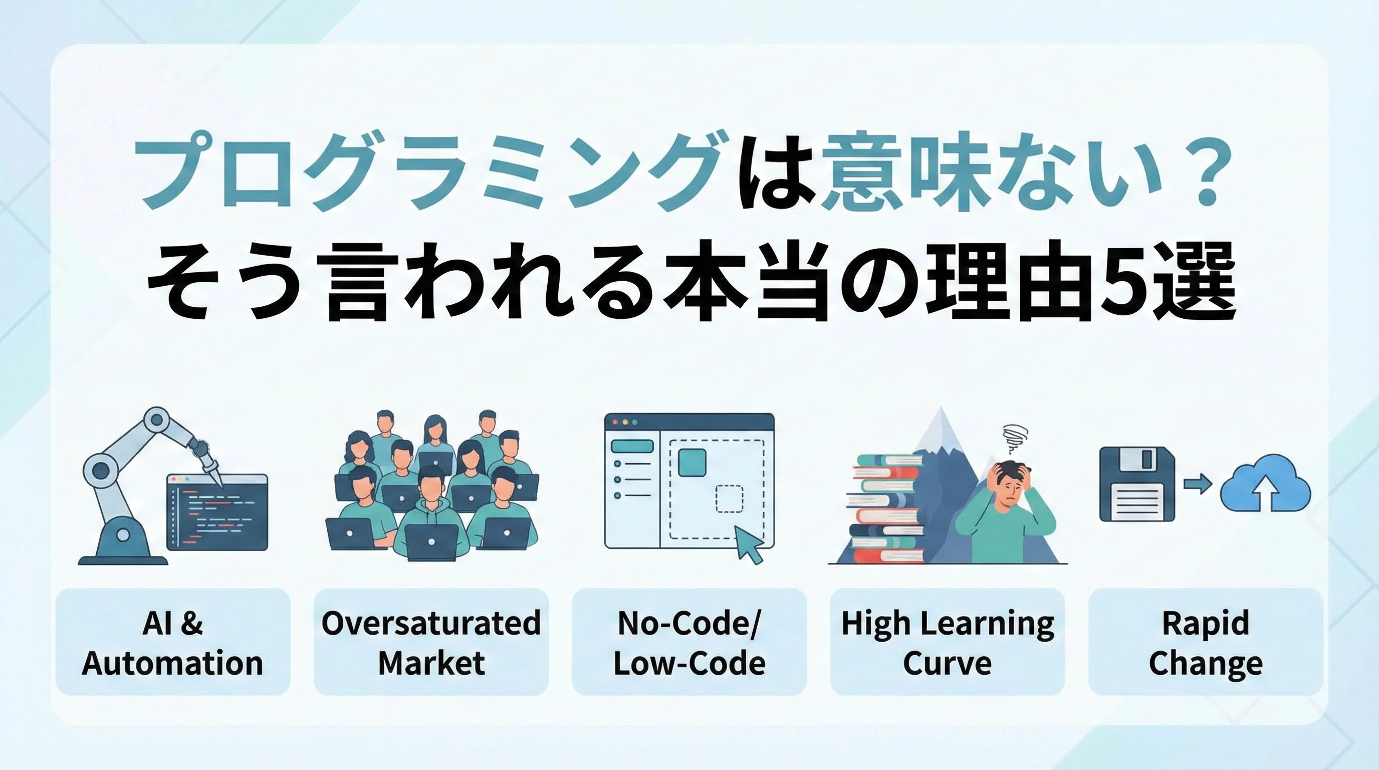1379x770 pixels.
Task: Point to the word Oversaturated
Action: [x=431, y=623]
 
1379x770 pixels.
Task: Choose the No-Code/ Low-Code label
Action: [x=689, y=643]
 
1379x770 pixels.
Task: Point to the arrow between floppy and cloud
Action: [x=1198, y=485]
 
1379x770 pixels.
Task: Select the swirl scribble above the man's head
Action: [x=1013, y=439]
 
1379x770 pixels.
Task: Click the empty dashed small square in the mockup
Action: [x=730, y=499]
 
